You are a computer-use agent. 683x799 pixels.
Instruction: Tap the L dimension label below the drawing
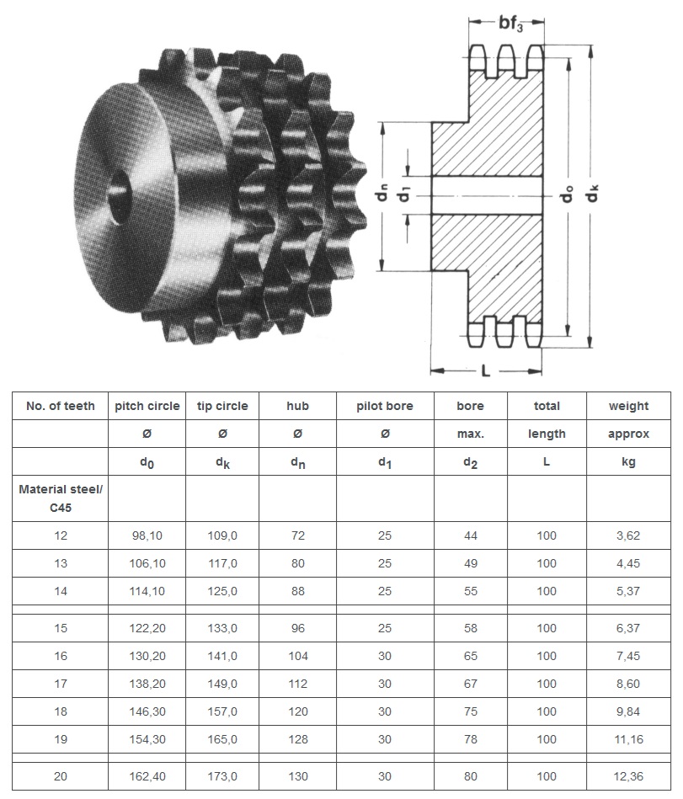[x=486, y=370]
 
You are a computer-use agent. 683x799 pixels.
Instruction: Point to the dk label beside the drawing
[x=593, y=193]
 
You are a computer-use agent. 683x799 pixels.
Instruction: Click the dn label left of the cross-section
[x=382, y=195]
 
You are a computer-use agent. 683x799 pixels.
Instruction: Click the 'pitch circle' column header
[x=147, y=406]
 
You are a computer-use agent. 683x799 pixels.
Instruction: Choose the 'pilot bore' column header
[x=385, y=406]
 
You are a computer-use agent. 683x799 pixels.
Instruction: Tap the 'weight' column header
[x=628, y=406]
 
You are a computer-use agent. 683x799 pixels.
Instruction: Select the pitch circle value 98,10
[x=147, y=535]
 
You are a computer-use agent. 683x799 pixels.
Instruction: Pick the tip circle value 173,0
[x=222, y=776]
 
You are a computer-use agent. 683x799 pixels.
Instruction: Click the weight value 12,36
[x=628, y=776]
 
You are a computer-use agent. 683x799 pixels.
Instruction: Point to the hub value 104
[x=297, y=656]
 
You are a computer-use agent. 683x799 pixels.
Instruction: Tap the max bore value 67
[x=470, y=684]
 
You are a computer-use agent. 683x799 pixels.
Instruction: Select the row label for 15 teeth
[x=60, y=628]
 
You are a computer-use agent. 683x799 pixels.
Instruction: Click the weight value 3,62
[x=628, y=535]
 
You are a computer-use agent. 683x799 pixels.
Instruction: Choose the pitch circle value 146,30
[x=147, y=711]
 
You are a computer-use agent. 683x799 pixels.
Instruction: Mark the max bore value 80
[x=470, y=776]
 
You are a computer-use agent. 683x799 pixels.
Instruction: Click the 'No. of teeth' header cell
[x=60, y=406]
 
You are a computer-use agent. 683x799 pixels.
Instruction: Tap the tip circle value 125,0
[x=222, y=591]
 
